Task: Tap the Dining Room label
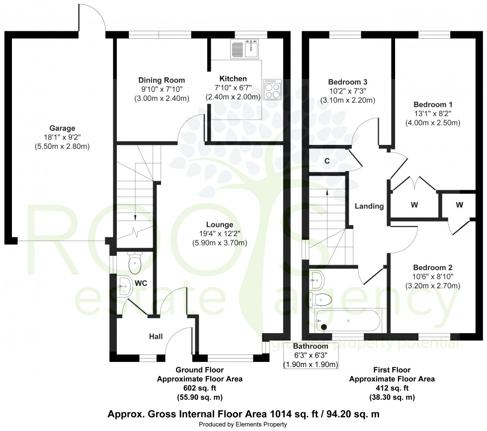click(x=162, y=80)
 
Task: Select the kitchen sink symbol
click(x=246, y=48)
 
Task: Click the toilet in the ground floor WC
click(x=135, y=263)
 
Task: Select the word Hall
click(x=156, y=337)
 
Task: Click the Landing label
click(x=369, y=206)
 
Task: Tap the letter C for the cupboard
click(x=328, y=161)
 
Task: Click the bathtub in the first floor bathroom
click(x=348, y=320)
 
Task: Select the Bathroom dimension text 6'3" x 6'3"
click(x=311, y=356)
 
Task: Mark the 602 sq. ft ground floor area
click(x=200, y=388)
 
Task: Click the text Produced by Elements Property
click(x=243, y=425)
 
